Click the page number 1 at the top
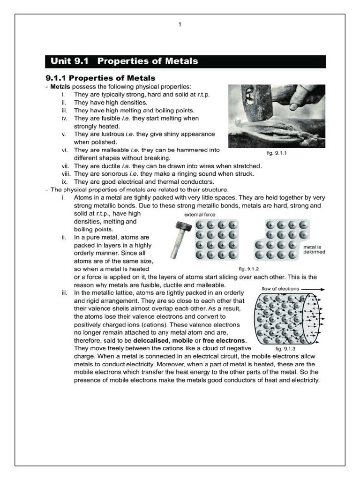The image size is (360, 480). [x=180, y=25]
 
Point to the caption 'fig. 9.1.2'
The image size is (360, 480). [x=249, y=269]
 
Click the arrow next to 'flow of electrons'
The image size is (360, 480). [x=314, y=289]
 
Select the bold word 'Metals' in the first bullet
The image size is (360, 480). [x=60, y=86]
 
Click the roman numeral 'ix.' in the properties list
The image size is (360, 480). [x=65, y=181]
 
